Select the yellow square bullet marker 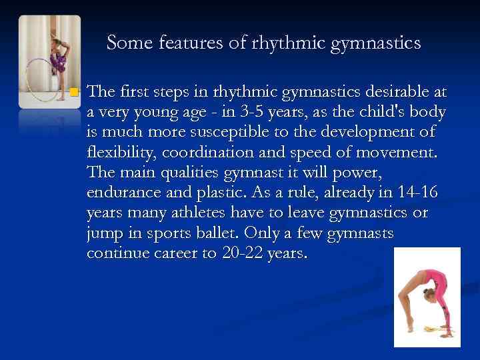point(75,91)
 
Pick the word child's point(398,111)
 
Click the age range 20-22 point(239,255)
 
